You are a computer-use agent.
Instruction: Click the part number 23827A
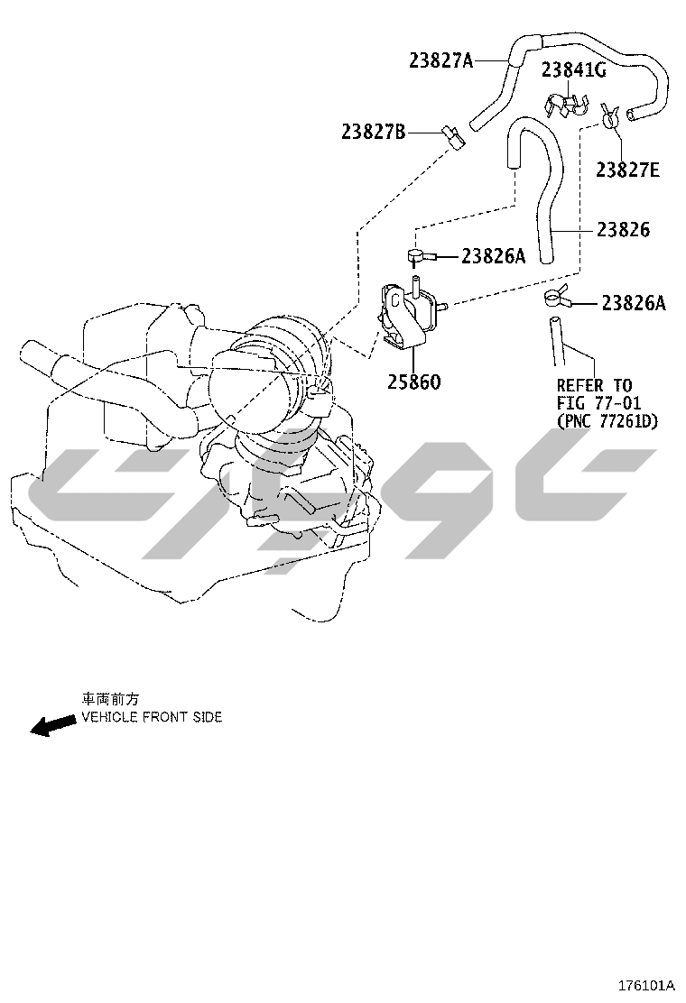pyautogui.click(x=440, y=60)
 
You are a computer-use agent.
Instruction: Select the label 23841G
pyautogui.click(x=573, y=69)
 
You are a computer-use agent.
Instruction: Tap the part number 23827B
pyautogui.click(x=373, y=133)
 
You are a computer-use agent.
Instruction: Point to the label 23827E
pyautogui.click(x=627, y=170)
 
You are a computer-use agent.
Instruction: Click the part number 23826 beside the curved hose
pyautogui.click(x=623, y=229)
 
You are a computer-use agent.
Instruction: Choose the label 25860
pyautogui.click(x=414, y=382)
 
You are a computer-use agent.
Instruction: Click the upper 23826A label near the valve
pyautogui.click(x=494, y=256)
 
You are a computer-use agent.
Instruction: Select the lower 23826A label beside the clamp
pyautogui.click(x=634, y=303)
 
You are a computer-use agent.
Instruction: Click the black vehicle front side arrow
pyautogui.click(x=52, y=725)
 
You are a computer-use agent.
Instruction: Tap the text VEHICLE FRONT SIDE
pyautogui.click(x=152, y=717)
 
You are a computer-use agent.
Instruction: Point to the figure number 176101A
pyautogui.click(x=646, y=984)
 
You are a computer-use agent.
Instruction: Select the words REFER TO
pyautogui.click(x=594, y=386)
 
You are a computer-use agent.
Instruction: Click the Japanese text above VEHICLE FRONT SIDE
pyautogui.click(x=110, y=700)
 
